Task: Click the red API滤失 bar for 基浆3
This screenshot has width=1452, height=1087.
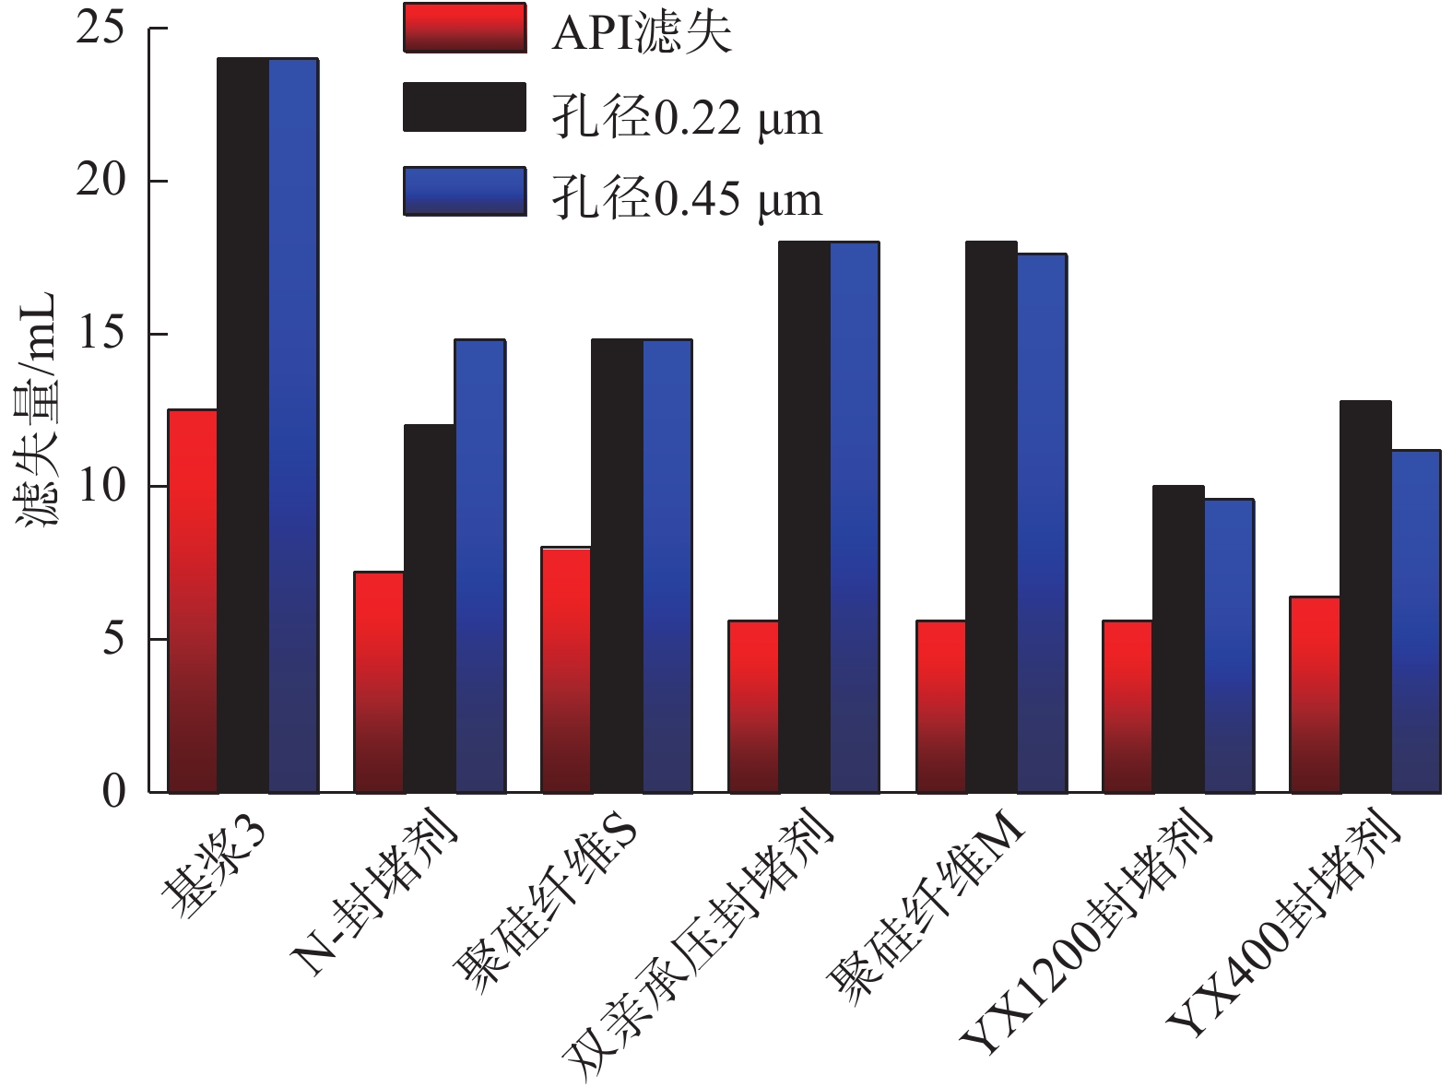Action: tap(193, 600)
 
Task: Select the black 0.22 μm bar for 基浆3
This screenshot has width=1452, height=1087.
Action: tap(243, 425)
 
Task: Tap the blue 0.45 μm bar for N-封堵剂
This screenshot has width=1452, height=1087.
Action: tap(479, 566)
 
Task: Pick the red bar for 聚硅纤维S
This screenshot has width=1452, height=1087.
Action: tap(566, 670)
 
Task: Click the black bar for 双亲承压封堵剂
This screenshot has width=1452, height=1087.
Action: tap(804, 517)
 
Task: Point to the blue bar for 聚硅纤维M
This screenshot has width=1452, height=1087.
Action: tap(1042, 523)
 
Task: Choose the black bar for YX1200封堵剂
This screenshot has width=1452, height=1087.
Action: tap(1178, 639)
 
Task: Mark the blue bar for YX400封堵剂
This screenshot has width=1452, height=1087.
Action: tap(1415, 621)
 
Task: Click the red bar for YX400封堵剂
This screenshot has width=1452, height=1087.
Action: tap(1315, 694)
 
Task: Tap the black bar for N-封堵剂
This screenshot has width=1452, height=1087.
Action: tap(430, 608)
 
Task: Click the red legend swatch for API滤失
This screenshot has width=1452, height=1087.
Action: tap(465, 28)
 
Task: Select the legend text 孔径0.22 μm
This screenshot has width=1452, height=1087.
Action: tap(687, 118)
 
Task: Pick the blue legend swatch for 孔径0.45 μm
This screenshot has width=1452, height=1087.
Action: tap(465, 192)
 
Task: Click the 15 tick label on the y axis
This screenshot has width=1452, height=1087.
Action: tap(101, 333)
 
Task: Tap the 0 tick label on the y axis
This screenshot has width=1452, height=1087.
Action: tap(114, 791)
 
